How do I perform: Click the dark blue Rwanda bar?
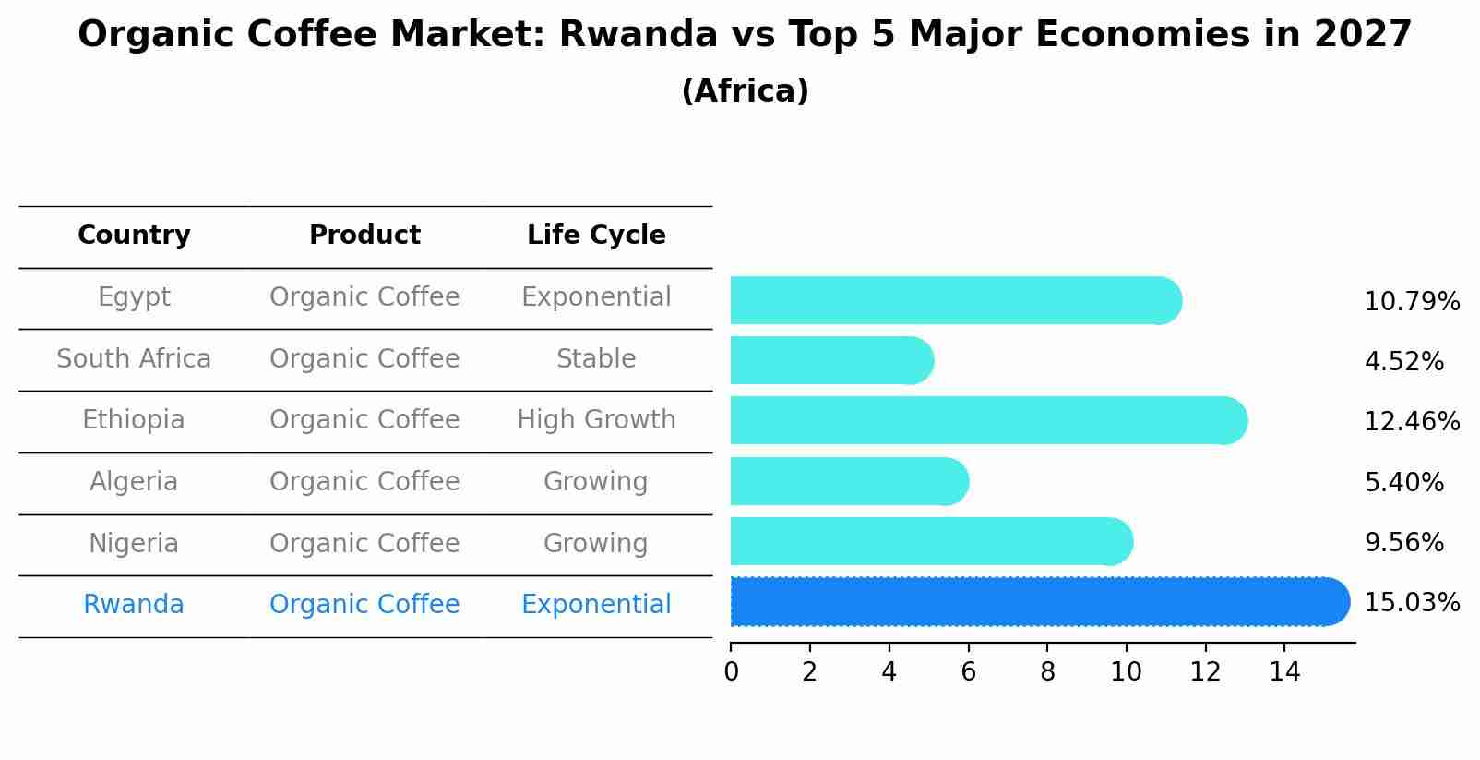click(x=1033, y=602)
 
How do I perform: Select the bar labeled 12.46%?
click(x=987, y=421)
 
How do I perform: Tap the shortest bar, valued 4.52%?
click(x=830, y=360)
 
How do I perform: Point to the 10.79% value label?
click(x=1411, y=302)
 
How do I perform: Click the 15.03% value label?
click(x=1411, y=603)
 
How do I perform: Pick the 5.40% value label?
click(x=1403, y=482)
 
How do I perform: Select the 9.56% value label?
click(x=1403, y=543)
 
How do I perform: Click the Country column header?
click(x=134, y=235)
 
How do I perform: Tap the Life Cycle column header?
click(x=596, y=235)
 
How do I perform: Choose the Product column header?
click(x=364, y=235)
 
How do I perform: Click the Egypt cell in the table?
click(x=134, y=297)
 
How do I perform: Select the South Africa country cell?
click(x=134, y=359)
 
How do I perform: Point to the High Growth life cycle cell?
click(x=596, y=420)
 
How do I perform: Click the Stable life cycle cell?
click(x=596, y=359)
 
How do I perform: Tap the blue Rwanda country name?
click(x=134, y=605)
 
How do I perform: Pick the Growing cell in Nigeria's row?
click(x=596, y=543)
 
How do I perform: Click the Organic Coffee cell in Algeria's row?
click(x=364, y=482)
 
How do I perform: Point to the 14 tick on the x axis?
click(x=1284, y=671)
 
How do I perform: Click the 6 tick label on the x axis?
click(x=968, y=671)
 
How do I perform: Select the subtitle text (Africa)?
click(x=745, y=91)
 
